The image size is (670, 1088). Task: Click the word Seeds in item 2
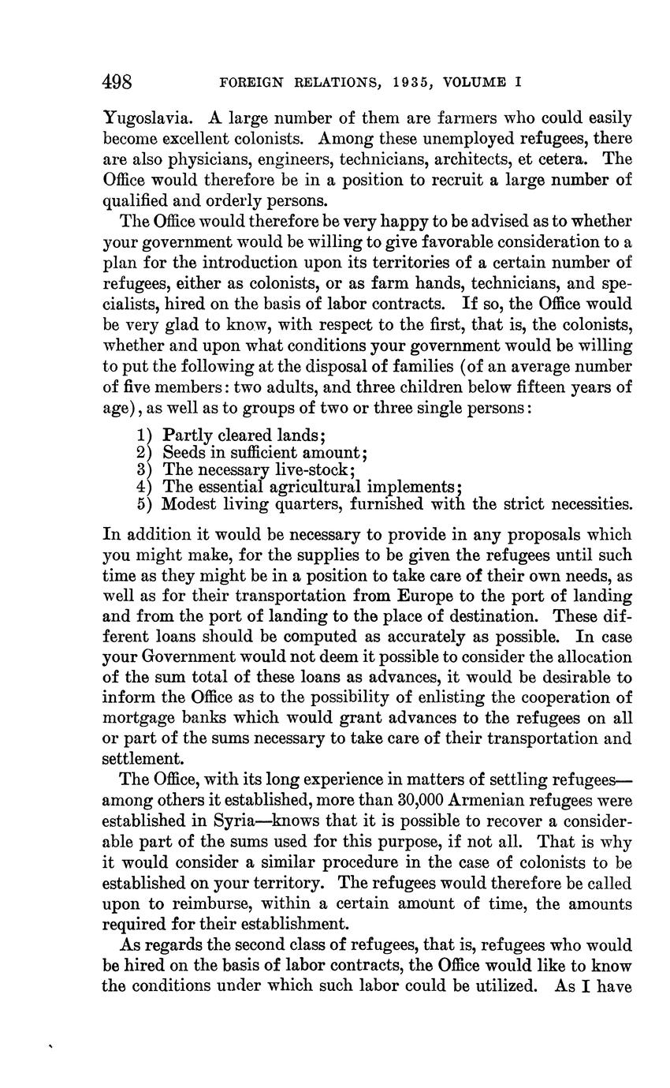point(184,453)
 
